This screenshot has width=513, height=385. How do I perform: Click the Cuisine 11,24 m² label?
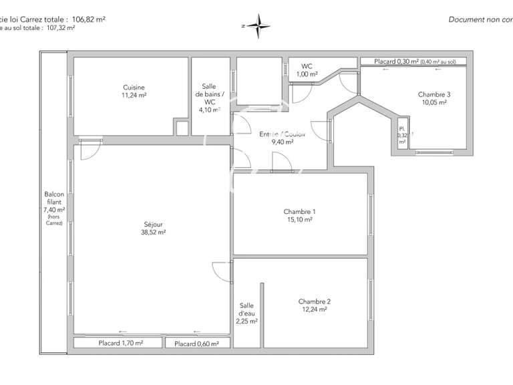(x=134, y=92)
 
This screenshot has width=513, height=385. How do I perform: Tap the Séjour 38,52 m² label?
(x=153, y=228)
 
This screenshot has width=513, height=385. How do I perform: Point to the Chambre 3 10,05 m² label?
(x=434, y=98)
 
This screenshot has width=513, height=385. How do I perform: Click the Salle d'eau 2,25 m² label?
(x=246, y=313)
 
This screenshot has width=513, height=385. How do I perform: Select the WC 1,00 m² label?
(x=307, y=70)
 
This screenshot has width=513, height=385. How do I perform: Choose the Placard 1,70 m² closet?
(x=118, y=343)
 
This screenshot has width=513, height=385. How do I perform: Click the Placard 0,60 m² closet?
(x=197, y=344)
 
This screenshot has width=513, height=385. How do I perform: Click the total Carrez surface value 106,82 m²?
(x=90, y=19)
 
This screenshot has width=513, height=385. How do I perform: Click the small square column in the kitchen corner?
(x=181, y=128)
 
